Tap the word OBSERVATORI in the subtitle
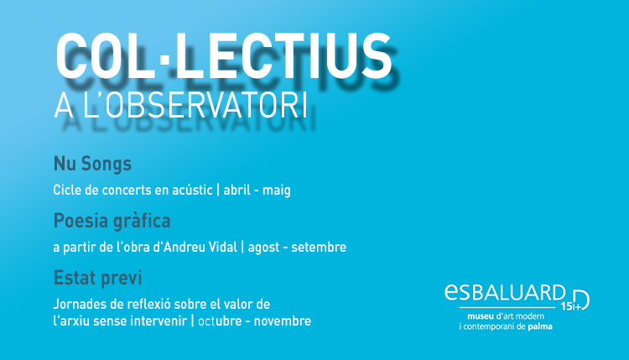coord(207,106)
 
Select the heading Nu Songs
coord(92,164)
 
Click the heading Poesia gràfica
coord(112,222)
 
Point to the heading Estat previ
coord(97,278)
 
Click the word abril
coord(237,190)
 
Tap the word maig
coord(277,190)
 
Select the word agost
coord(263,248)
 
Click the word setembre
coord(319,248)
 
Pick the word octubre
coord(220,321)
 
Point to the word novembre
coord(283,321)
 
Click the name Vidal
coord(223,247)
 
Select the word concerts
coord(127,190)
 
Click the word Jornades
coord(81,304)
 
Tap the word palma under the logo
coord(540,326)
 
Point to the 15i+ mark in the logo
coord(571,306)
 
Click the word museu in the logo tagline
coord(481,316)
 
